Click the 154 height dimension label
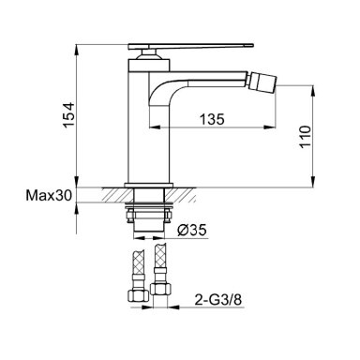68,114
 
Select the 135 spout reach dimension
212,119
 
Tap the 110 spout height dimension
306,137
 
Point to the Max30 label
49,196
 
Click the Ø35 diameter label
192,231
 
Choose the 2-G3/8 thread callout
218,300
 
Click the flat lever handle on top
190,47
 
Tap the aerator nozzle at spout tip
262,81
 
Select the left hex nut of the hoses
138,295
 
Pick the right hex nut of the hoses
161,288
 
